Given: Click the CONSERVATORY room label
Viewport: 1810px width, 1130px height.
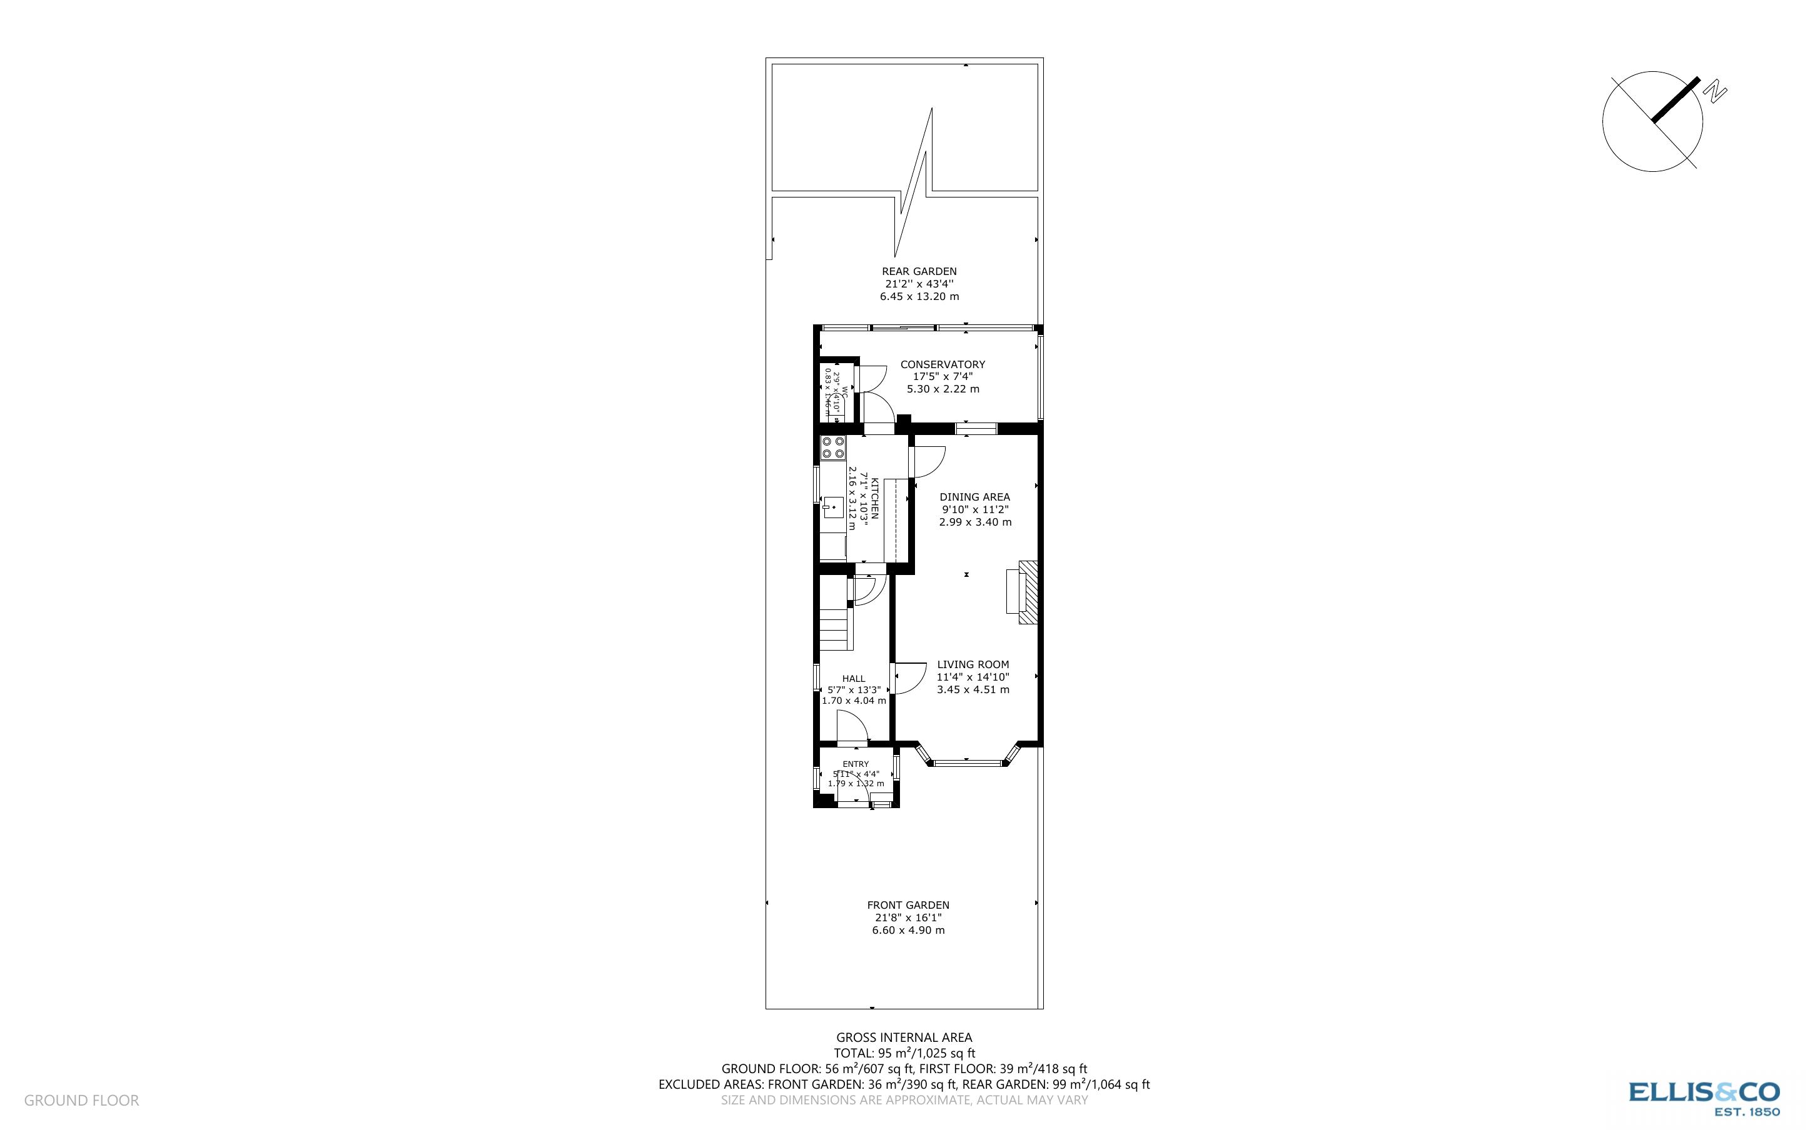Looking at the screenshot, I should coord(942,365).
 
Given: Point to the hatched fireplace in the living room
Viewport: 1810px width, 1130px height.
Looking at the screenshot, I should coord(1029,591).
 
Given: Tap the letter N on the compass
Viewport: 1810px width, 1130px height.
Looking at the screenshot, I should coord(1714,92).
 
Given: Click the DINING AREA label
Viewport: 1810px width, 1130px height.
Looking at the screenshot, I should coord(974,497).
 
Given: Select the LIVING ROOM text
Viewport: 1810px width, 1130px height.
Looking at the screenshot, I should coord(973,664).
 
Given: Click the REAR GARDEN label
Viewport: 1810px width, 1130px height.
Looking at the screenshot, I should coord(919,272).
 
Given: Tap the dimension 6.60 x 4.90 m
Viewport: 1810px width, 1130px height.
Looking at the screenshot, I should coord(908,931).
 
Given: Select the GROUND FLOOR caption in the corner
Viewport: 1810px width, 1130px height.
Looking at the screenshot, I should coord(81,1100).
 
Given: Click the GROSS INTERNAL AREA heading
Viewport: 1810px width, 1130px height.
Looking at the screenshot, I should coord(903,1037).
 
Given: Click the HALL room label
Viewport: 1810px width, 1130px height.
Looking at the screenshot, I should coord(853,679).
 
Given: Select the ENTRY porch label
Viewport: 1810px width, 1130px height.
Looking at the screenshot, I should coord(856,764).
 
